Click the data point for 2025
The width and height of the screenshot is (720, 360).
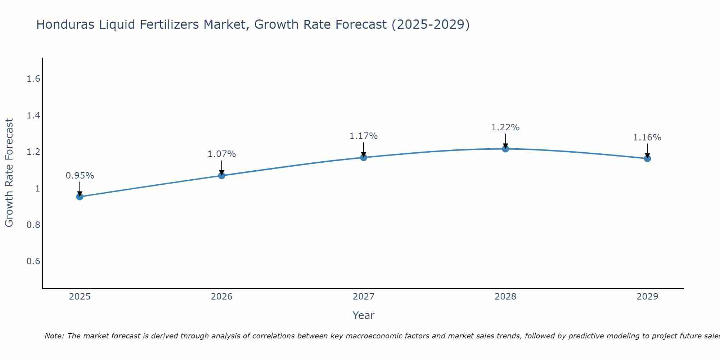click(x=80, y=197)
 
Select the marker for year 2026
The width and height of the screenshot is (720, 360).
click(x=222, y=175)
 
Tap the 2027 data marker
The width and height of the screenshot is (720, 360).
click(x=364, y=157)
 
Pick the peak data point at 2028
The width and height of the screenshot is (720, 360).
click(x=505, y=149)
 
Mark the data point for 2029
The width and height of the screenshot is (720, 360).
click(x=647, y=158)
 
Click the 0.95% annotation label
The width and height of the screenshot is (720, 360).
click(x=80, y=176)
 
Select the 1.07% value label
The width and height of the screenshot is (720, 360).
click(x=222, y=154)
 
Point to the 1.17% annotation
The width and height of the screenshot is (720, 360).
click(x=364, y=136)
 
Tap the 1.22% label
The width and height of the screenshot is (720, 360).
click(x=505, y=127)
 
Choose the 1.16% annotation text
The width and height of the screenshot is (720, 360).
click(x=647, y=138)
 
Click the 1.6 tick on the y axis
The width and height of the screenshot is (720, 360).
click(x=33, y=79)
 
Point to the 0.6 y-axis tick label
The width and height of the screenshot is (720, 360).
click(x=33, y=261)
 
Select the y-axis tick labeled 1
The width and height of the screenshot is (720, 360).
click(x=37, y=188)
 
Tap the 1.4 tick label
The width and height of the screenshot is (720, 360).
click(x=33, y=115)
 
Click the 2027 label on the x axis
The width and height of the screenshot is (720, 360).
click(x=364, y=297)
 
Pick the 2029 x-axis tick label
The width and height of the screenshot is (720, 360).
click(x=647, y=297)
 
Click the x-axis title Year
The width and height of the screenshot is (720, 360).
click(x=364, y=315)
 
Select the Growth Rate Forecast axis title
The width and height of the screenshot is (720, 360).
click(x=9, y=173)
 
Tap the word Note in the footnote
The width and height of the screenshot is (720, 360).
click(x=54, y=336)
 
